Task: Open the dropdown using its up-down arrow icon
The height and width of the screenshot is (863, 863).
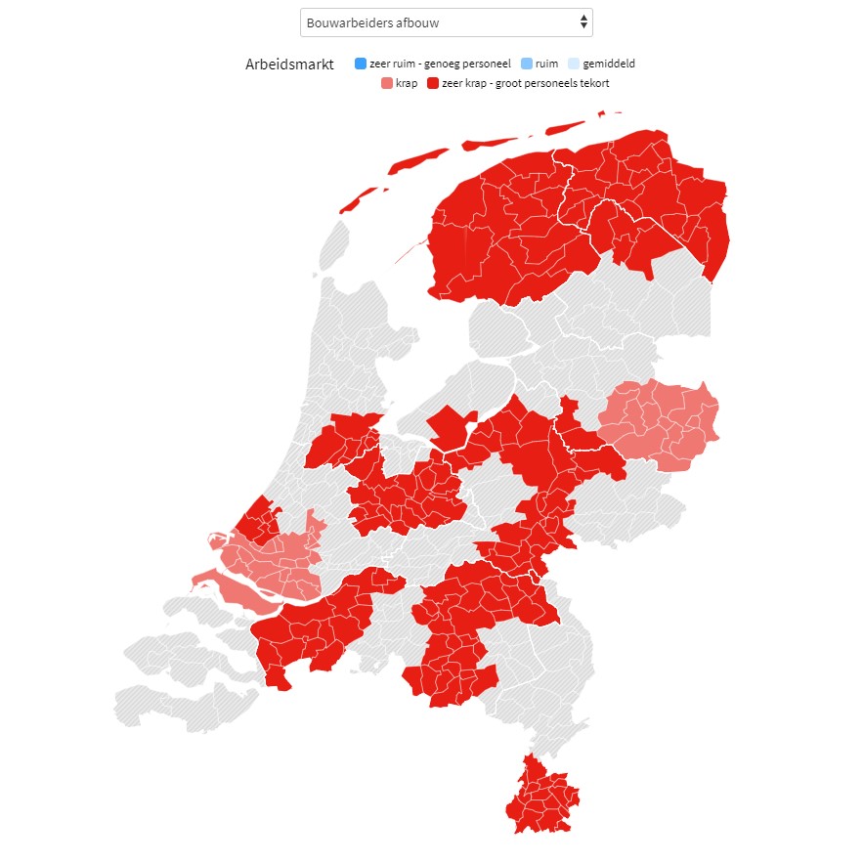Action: [583, 22]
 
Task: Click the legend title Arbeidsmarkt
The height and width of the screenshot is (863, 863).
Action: [289, 65]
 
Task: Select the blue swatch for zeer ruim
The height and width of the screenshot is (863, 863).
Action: [360, 65]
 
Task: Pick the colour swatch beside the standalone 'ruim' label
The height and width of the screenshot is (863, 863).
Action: [526, 65]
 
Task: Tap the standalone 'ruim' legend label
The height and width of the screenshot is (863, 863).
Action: [546, 65]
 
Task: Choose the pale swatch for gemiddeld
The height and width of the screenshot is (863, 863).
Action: [574, 65]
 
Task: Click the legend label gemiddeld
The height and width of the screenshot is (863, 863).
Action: [608, 65]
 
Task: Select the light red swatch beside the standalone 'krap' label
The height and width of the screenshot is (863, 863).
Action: [387, 83]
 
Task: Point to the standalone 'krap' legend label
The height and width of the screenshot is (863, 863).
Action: [407, 83]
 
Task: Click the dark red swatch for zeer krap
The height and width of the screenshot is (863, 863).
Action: [433, 83]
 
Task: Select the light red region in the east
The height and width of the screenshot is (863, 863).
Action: [660, 425]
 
